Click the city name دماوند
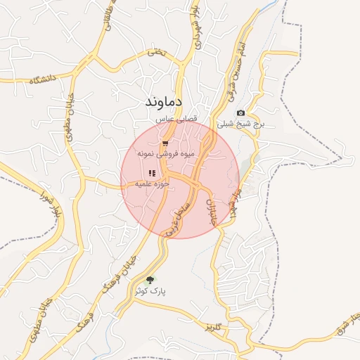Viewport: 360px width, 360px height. tap(164, 103)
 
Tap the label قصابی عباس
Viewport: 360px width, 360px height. tap(165, 122)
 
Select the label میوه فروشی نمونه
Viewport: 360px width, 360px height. tap(165, 153)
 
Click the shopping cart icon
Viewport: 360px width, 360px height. tap(165, 143)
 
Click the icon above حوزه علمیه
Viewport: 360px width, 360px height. tap(152, 173)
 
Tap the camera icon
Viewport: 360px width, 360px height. tap(241, 113)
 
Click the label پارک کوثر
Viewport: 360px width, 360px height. tap(153, 290)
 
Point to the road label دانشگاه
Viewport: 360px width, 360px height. tap(44, 80)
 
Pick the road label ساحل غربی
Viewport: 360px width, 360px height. tap(176, 220)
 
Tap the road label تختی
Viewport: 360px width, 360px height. tap(156, 53)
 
